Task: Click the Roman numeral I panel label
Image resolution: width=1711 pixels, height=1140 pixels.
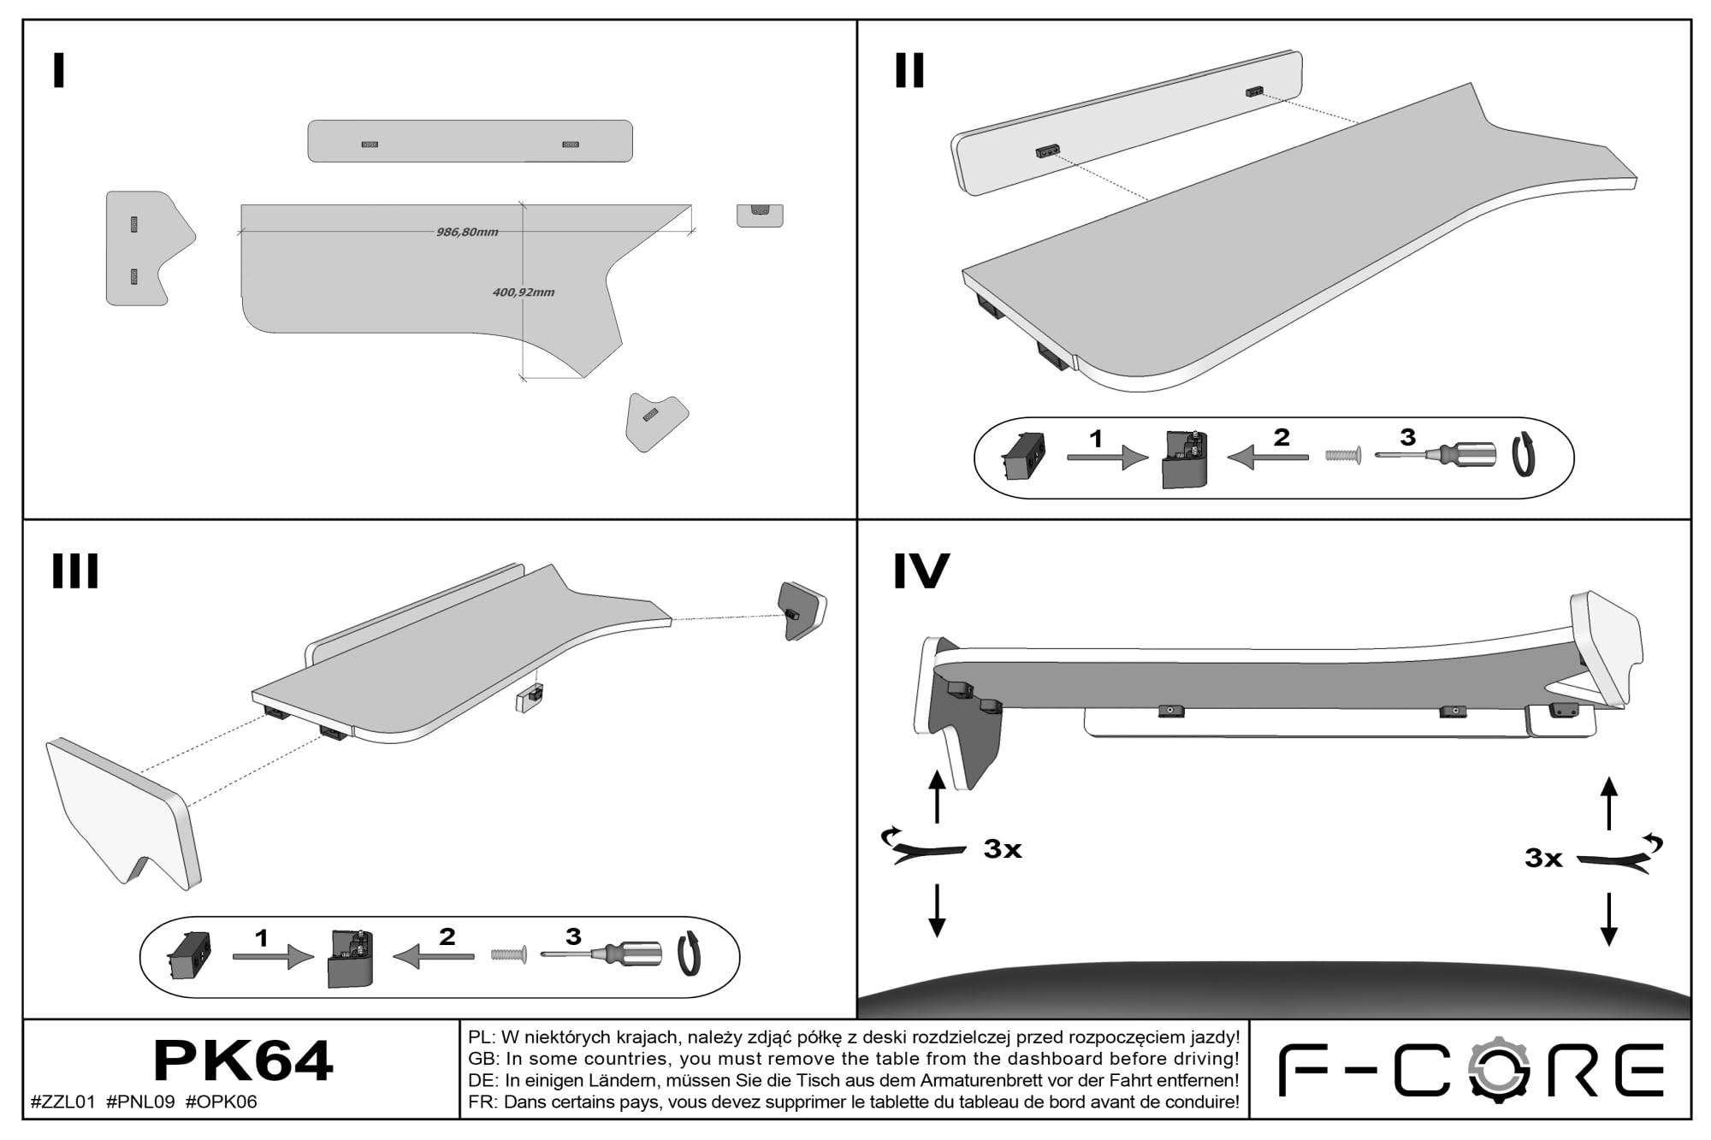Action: click(x=58, y=70)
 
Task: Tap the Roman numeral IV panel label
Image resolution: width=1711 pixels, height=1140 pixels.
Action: click(x=921, y=571)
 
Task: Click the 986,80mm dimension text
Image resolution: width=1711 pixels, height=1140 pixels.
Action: click(x=467, y=232)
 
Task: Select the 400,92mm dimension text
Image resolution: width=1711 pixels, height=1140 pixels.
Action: click(x=524, y=292)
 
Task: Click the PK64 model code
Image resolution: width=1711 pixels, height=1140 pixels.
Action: click(x=242, y=1061)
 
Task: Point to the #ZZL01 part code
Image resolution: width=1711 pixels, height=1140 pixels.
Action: click(x=62, y=1102)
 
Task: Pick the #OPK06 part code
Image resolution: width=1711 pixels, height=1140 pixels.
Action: click(x=221, y=1102)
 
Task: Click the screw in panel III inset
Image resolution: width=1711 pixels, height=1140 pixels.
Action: click(x=508, y=954)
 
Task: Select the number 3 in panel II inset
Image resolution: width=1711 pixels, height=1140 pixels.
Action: click(x=1407, y=437)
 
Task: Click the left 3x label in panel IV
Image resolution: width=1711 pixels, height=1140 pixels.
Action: click(x=1003, y=849)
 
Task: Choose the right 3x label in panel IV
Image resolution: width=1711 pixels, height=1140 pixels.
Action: click(x=1543, y=858)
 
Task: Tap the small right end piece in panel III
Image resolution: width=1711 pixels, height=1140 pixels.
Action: click(x=802, y=610)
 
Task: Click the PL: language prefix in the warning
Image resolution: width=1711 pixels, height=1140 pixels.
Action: click(x=481, y=1037)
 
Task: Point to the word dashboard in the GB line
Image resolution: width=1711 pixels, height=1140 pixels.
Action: click(x=1055, y=1059)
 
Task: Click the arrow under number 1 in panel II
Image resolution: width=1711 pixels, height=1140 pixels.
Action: click(x=1107, y=458)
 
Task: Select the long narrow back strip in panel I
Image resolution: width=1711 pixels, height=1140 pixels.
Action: click(x=470, y=141)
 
